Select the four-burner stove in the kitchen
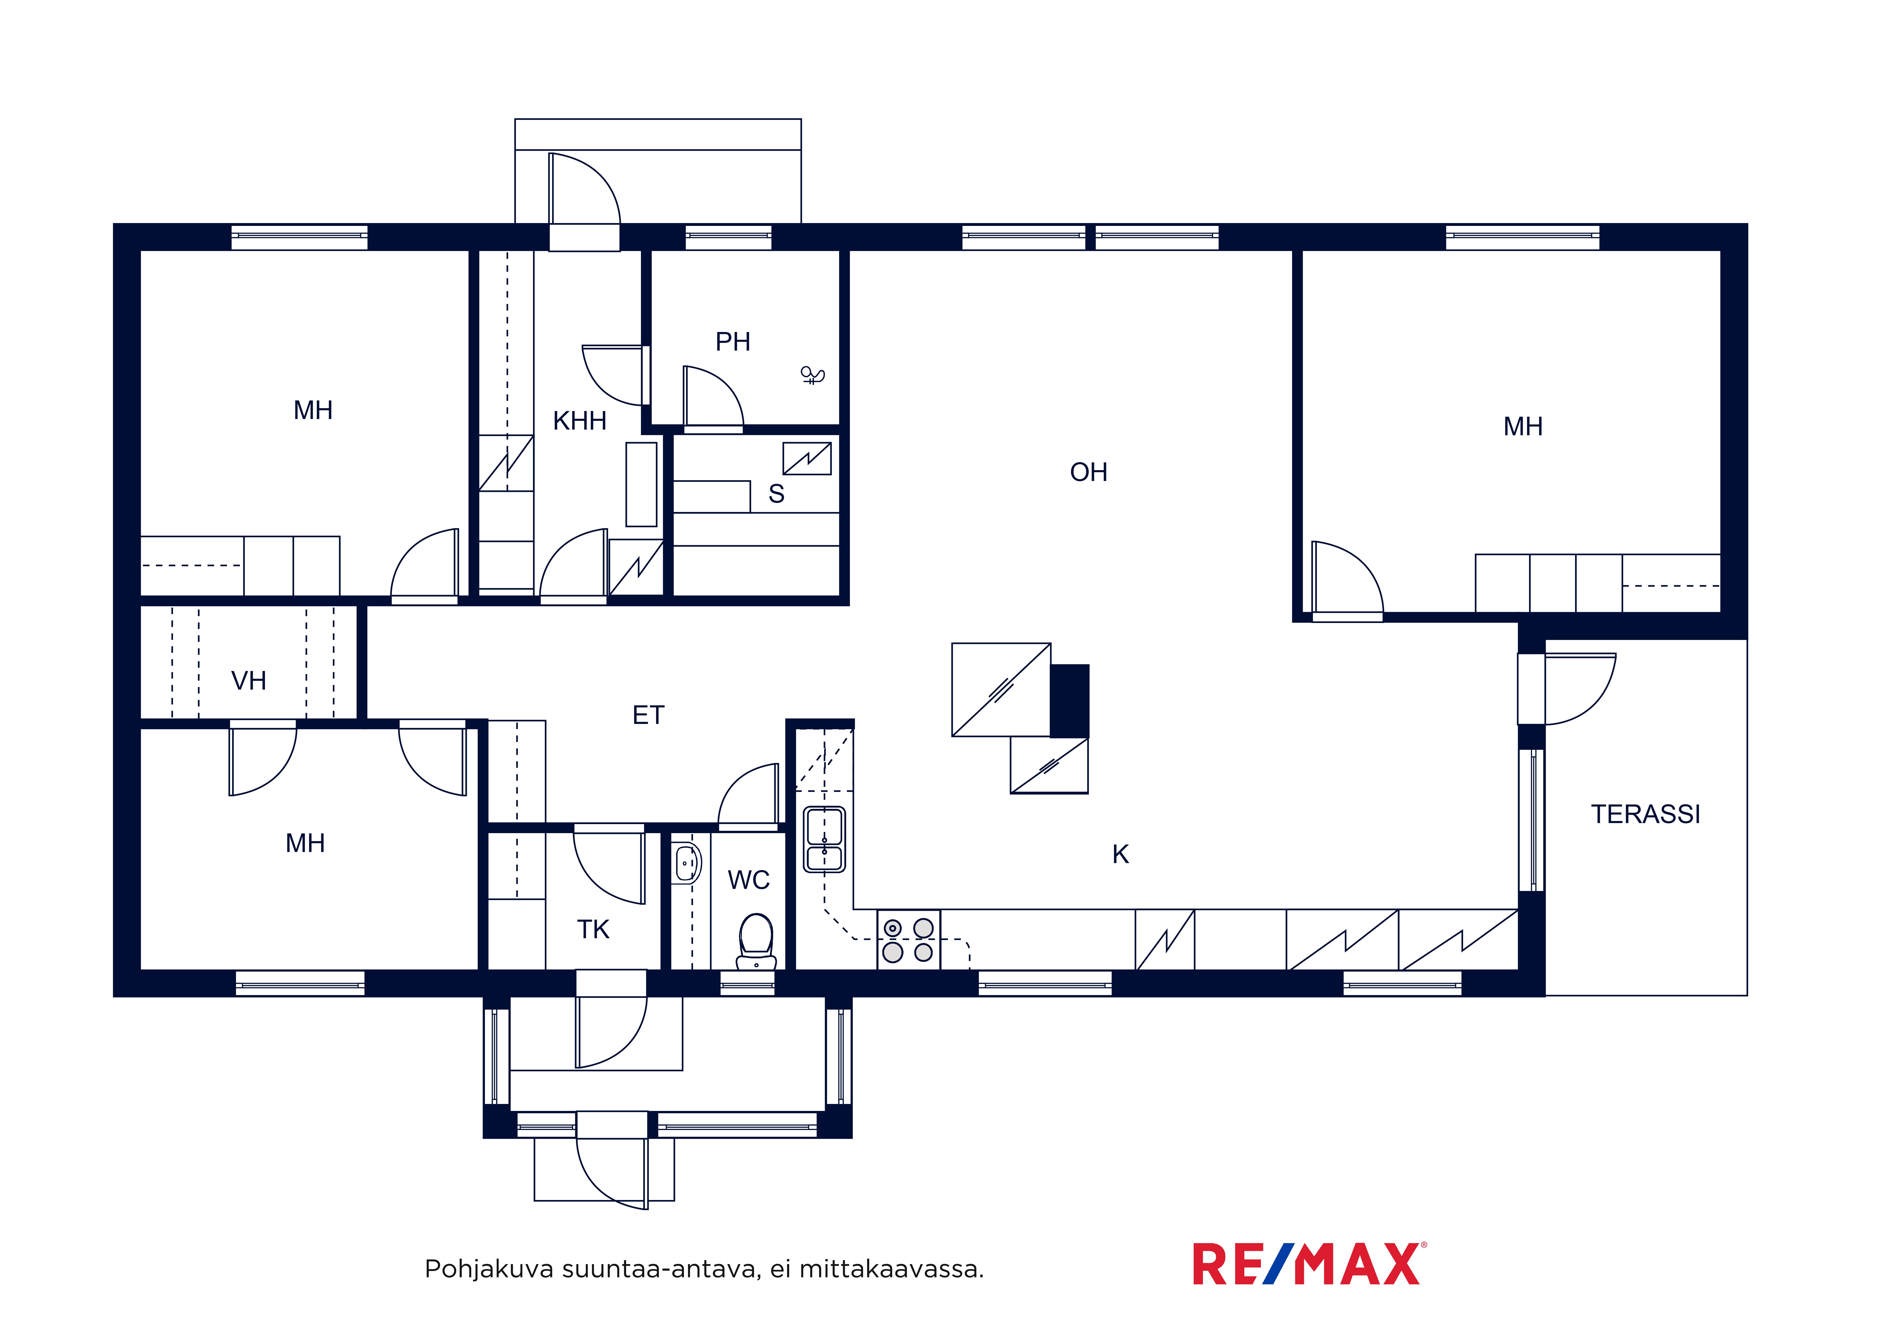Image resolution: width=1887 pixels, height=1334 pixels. [x=908, y=940]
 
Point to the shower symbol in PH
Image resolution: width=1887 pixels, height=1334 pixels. [x=812, y=376]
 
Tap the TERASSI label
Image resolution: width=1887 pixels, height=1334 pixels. [x=1645, y=814]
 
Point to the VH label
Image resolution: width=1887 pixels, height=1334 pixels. [x=248, y=681]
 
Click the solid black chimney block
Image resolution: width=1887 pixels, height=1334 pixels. [x=1070, y=701]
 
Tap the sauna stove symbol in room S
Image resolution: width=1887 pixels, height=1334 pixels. [x=807, y=459]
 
